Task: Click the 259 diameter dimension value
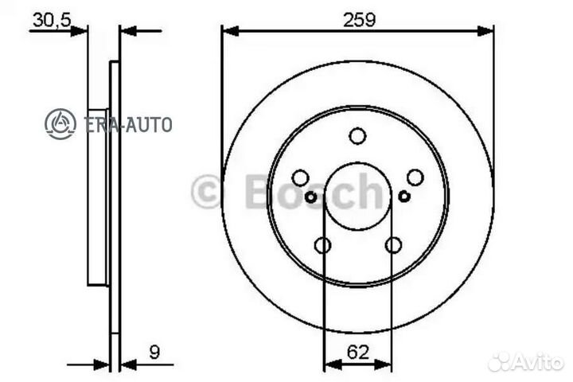(x=359, y=19)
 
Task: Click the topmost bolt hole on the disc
(x=357, y=136)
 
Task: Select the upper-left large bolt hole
(x=300, y=177)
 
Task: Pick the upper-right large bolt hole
(x=415, y=177)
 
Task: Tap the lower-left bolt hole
(x=322, y=245)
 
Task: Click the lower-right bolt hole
(x=393, y=245)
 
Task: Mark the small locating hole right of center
(x=404, y=197)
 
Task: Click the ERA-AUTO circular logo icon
(x=60, y=124)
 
